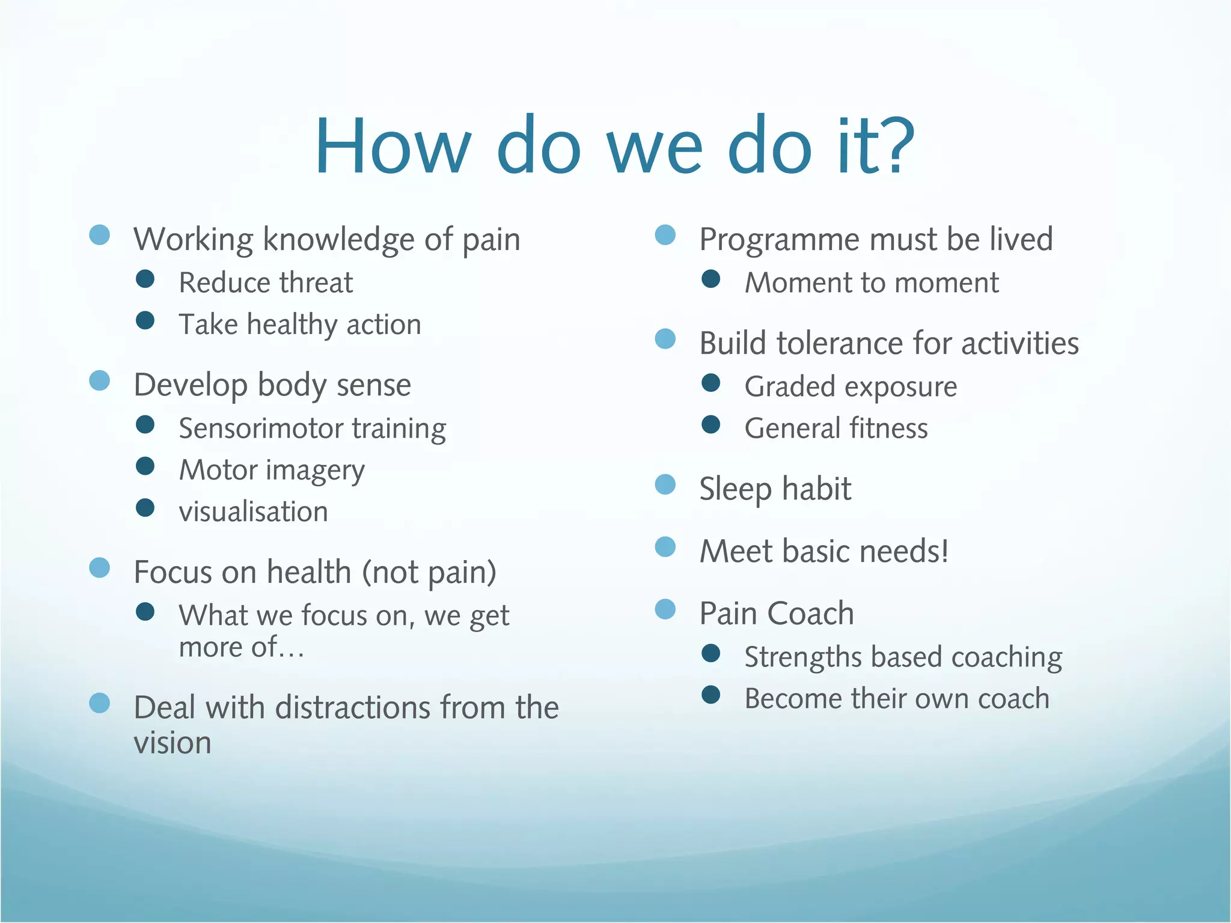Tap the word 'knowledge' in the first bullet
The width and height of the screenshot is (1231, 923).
click(338, 240)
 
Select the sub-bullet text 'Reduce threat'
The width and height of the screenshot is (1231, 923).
click(266, 283)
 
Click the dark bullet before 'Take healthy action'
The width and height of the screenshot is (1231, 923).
click(145, 320)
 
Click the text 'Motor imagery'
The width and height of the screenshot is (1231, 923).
click(272, 471)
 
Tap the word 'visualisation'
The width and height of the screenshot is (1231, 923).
click(253, 512)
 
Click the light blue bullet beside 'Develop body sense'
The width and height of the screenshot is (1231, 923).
click(100, 380)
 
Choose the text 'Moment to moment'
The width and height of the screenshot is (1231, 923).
click(872, 283)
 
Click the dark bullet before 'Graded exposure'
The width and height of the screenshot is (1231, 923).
click(710, 383)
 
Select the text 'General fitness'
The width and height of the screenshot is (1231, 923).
click(836, 429)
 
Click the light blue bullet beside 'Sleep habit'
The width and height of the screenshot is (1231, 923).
click(665, 484)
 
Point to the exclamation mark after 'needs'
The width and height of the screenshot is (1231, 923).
click(945, 551)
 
